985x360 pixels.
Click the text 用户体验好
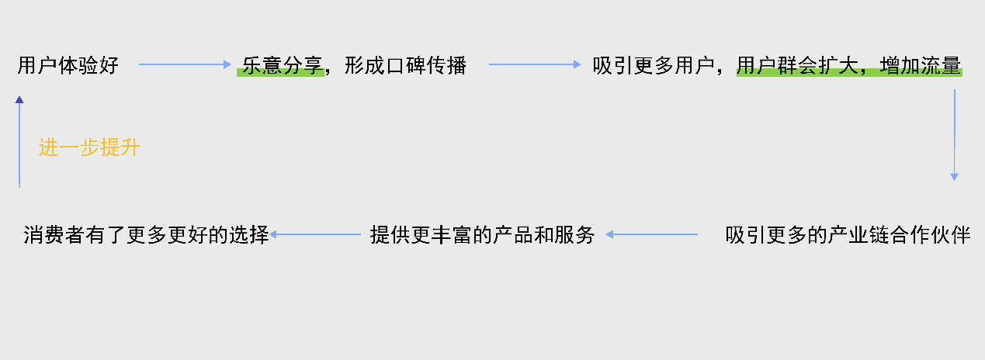tap(68, 65)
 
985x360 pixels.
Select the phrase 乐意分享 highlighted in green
tap(281, 65)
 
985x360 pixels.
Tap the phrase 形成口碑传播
tap(405, 65)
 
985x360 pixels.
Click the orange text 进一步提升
tap(89, 147)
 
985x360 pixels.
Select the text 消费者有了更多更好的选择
tap(146, 234)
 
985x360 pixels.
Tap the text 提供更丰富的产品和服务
tap(482, 234)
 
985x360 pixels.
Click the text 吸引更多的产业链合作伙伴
tap(848, 234)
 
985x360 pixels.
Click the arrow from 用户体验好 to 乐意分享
tap(185, 65)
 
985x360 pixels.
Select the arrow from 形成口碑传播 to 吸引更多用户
tap(535, 65)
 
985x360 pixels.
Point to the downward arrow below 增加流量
tap(954, 136)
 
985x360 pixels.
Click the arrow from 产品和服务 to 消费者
tap(316, 234)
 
